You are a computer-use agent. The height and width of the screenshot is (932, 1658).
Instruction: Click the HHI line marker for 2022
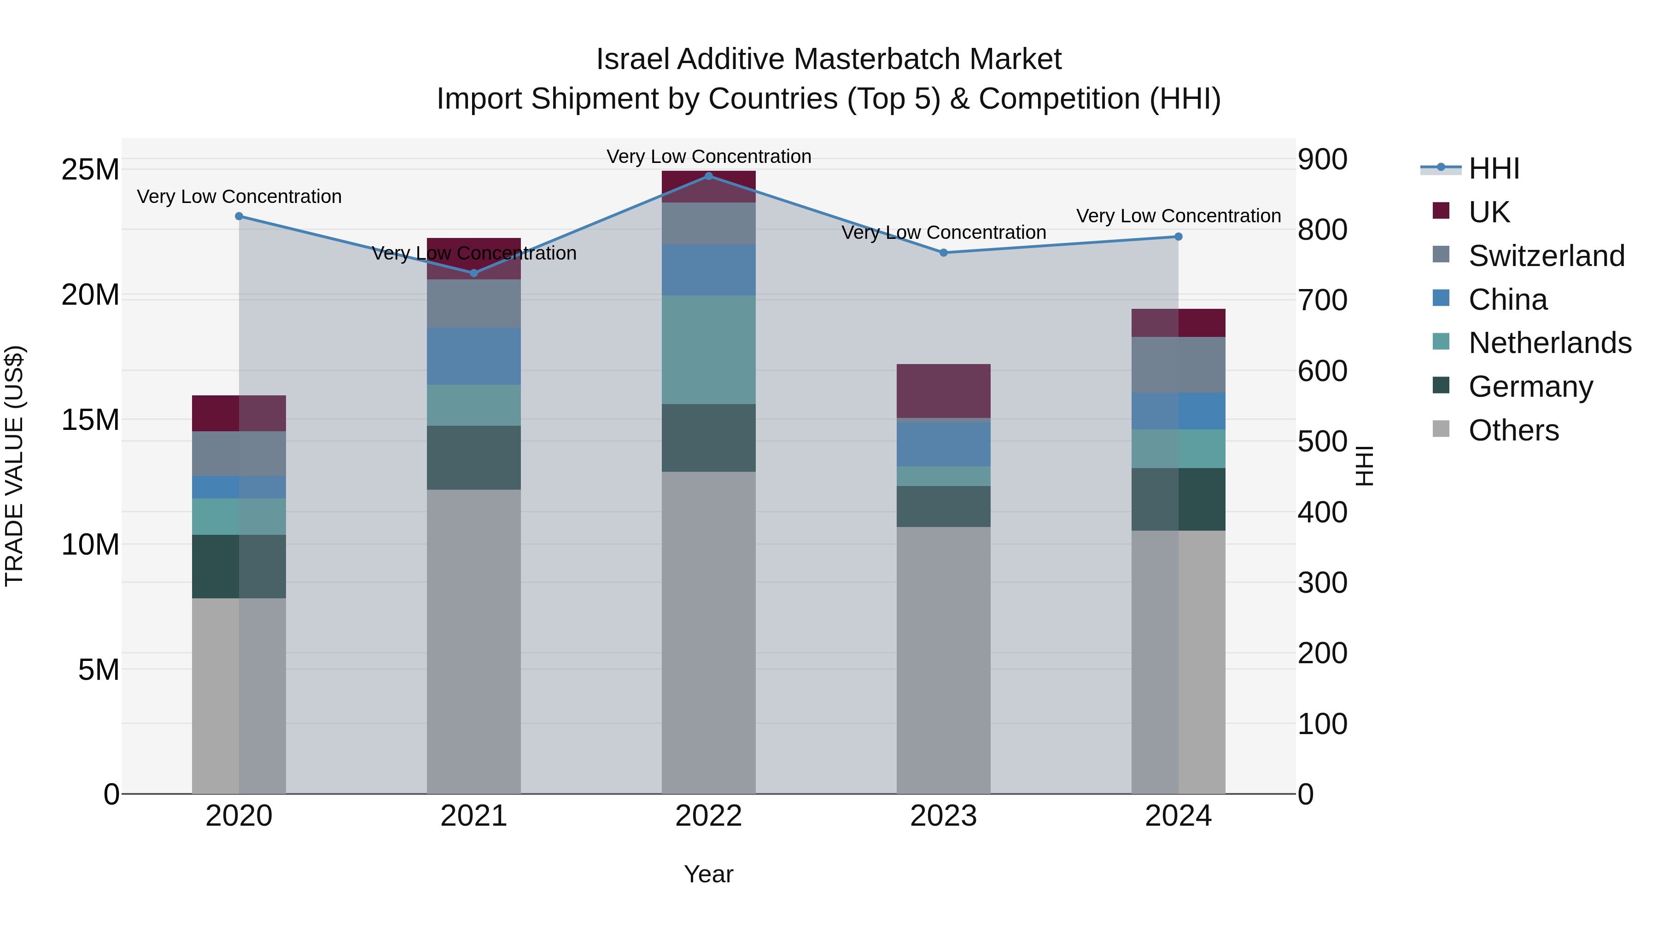click(709, 176)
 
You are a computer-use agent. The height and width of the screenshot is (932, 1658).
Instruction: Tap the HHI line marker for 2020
click(239, 216)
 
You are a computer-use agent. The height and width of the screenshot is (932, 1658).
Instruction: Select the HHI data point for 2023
click(944, 253)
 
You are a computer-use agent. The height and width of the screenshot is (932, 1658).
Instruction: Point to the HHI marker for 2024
click(1179, 237)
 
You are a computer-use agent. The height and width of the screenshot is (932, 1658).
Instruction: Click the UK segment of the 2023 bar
click(944, 391)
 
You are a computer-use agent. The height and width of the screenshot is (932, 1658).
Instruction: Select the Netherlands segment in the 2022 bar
click(709, 349)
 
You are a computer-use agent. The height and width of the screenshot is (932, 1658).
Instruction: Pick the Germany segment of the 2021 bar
click(474, 457)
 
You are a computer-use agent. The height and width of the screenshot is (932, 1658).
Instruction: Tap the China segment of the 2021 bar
click(474, 356)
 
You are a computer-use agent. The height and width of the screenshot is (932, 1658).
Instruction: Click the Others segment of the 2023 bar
click(944, 659)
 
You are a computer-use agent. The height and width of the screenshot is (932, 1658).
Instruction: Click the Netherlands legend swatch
click(1441, 342)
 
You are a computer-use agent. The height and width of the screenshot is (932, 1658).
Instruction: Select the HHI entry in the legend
click(1493, 168)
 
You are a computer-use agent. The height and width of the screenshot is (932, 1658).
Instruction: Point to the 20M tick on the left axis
click(90, 295)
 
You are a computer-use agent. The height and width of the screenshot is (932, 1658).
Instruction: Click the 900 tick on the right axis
click(1322, 160)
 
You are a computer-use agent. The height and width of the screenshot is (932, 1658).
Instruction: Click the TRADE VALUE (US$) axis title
click(15, 466)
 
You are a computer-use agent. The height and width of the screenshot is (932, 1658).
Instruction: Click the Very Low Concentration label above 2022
click(709, 156)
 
